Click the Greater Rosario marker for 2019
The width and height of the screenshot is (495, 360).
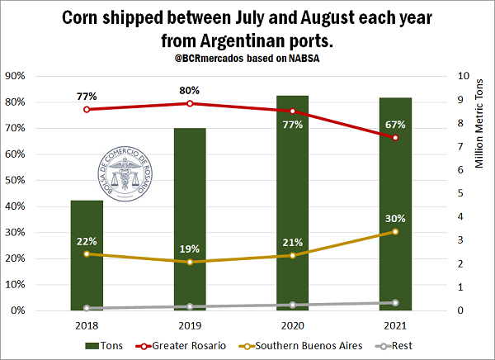[190, 103]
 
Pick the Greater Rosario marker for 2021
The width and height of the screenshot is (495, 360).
[395, 138]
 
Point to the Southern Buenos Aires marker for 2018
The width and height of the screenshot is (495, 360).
[87, 254]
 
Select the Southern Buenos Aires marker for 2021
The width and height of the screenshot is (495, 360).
[395, 232]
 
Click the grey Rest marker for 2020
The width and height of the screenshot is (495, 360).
[293, 306]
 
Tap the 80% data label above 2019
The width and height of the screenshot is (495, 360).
[190, 90]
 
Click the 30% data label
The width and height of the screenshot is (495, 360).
[395, 218]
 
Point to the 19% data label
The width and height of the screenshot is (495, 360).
[190, 249]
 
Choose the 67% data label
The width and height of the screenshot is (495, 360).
[395, 124]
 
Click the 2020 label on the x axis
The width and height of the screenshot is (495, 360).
[293, 325]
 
